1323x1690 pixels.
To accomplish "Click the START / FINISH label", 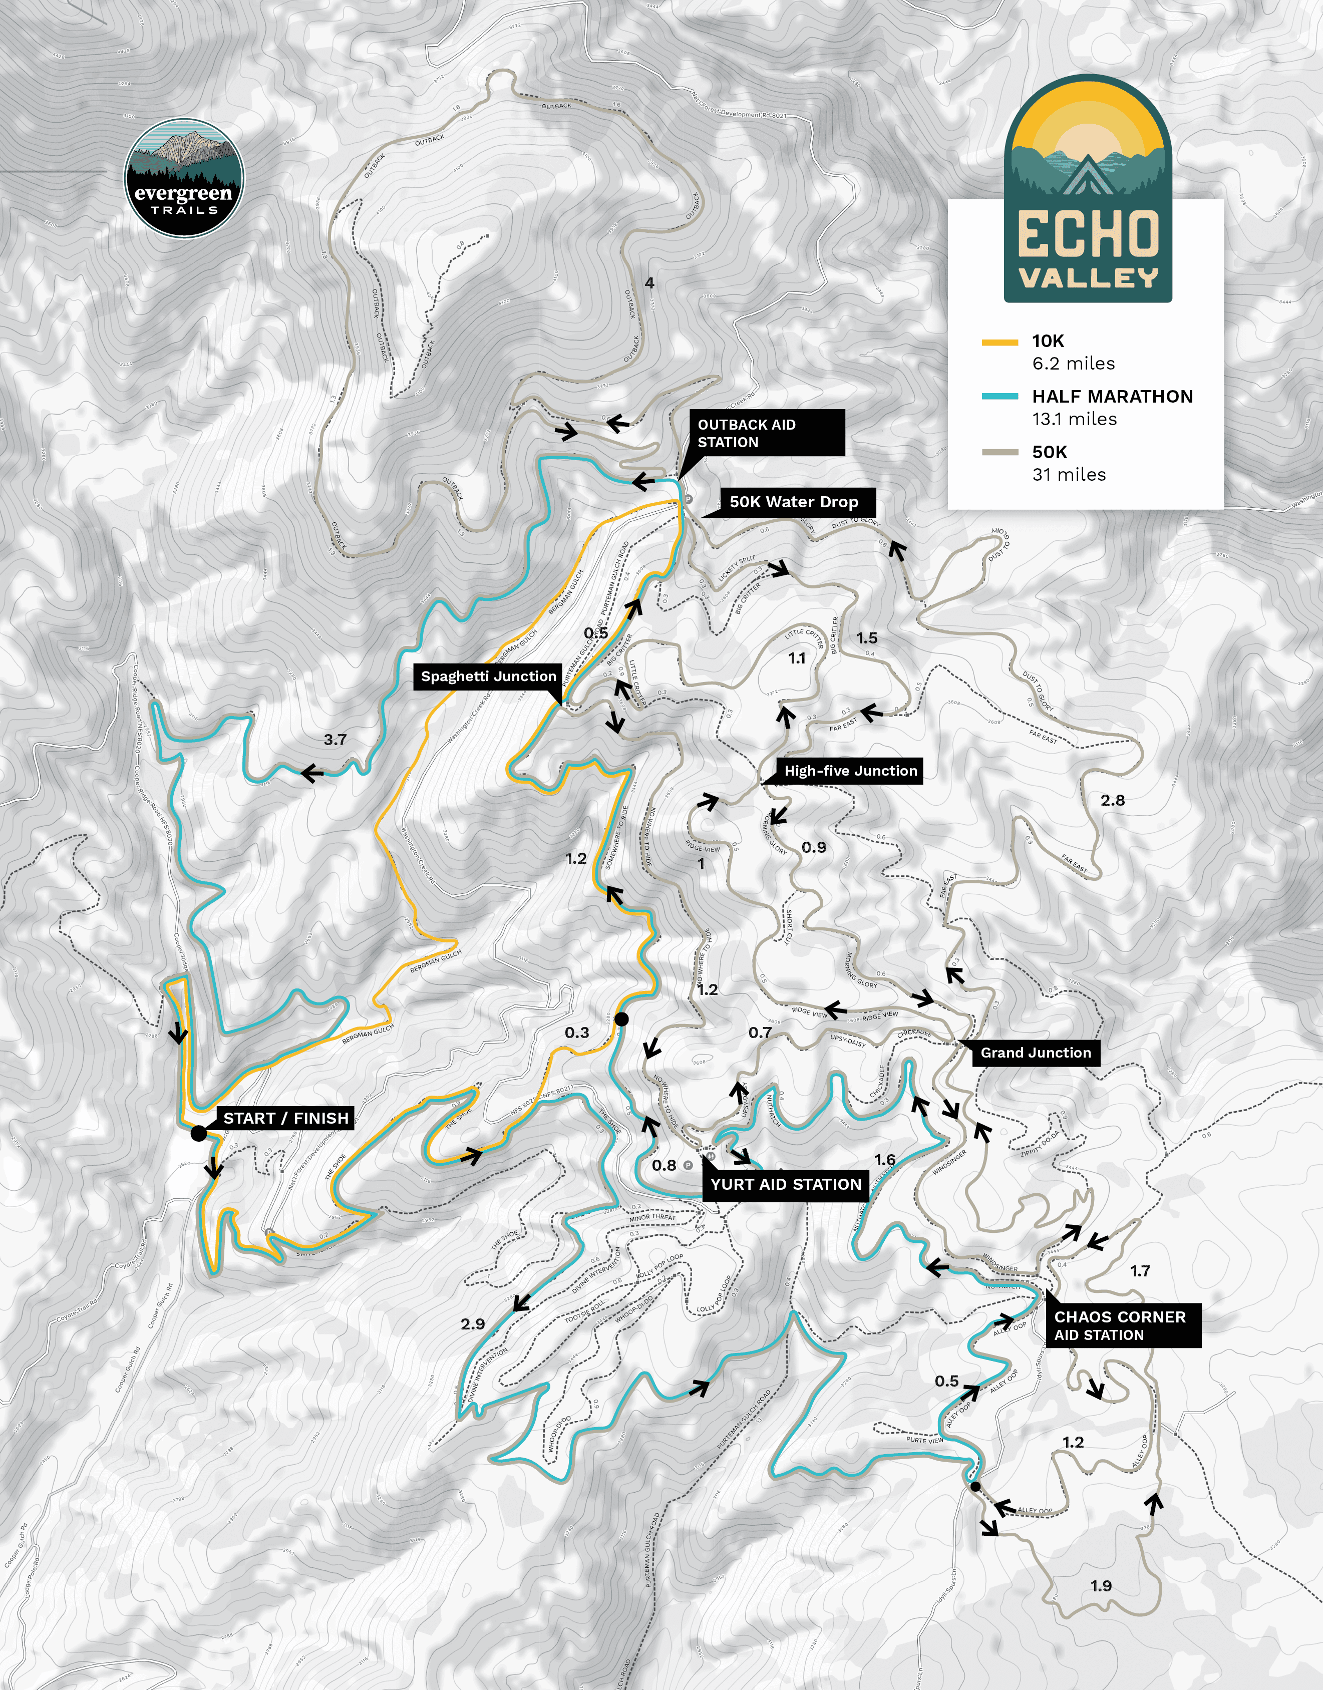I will (x=286, y=1118).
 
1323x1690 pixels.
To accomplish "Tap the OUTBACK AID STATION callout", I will (x=765, y=433).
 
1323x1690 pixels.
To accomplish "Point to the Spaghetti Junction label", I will (x=488, y=676).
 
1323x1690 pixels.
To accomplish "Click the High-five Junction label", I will (x=850, y=771).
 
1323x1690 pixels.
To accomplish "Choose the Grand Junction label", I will (x=1035, y=1053).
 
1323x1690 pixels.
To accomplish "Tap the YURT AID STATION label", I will (x=785, y=1184).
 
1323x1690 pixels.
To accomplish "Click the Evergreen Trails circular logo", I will (x=184, y=177).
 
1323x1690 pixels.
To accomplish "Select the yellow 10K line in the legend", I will (x=999, y=342).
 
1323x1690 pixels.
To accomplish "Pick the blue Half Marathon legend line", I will (x=999, y=397).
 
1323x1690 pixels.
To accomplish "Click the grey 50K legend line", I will (x=999, y=452).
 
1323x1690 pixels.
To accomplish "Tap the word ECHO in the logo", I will (x=1088, y=235).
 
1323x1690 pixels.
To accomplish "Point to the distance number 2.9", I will (x=473, y=1323).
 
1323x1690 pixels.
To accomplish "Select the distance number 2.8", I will (x=1112, y=800).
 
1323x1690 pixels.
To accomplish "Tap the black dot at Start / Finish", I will (x=198, y=1133).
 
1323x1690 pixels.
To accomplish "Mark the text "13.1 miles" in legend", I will (x=1074, y=419).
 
